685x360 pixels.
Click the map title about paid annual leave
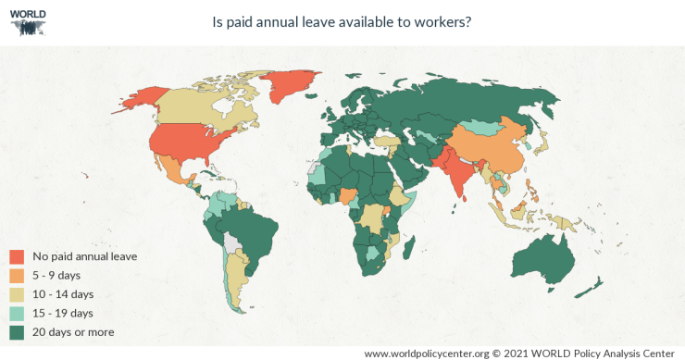pyautogui.click(x=342, y=22)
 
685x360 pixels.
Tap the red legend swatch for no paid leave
pyautogui.click(x=17, y=255)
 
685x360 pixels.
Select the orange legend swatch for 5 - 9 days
pyautogui.click(x=17, y=275)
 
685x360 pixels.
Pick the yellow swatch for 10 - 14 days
pyautogui.click(x=17, y=294)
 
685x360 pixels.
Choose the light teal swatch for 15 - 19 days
pyautogui.click(x=17, y=313)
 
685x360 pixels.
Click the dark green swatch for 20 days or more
pyautogui.click(x=17, y=331)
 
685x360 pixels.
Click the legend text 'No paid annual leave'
pyautogui.click(x=85, y=255)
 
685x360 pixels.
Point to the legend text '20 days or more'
pyautogui.click(x=73, y=331)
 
